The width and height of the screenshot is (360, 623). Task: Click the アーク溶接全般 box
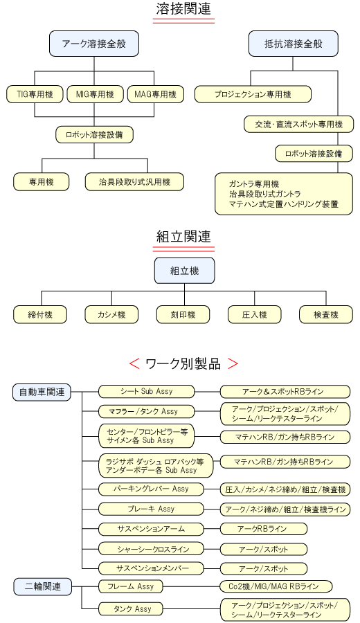[93, 44]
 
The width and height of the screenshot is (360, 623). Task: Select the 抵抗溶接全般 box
[294, 44]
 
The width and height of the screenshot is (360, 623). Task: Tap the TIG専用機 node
[35, 95]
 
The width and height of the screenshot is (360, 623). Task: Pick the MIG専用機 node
[95, 95]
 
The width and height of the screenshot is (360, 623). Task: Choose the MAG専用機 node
[156, 95]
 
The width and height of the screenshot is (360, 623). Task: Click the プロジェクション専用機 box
[253, 95]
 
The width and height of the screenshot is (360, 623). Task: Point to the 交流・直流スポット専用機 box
[298, 125]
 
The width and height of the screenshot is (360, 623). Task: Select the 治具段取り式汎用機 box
[135, 182]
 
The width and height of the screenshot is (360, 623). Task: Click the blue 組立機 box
[184, 271]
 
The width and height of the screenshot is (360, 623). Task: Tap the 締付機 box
[40, 315]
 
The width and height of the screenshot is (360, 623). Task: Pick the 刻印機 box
[183, 315]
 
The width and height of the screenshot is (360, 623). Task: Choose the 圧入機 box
[254, 315]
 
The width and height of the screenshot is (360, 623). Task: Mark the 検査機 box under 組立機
[326, 315]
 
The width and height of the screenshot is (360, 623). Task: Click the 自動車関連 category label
[42, 392]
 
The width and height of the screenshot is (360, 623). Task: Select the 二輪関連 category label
[43, 586]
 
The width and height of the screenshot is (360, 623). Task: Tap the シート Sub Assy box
[147, 391]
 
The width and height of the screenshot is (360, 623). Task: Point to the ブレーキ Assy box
[151, 509]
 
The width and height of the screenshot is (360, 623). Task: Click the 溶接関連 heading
[183, 8]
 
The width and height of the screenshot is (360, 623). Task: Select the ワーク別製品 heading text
[183, 363]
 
